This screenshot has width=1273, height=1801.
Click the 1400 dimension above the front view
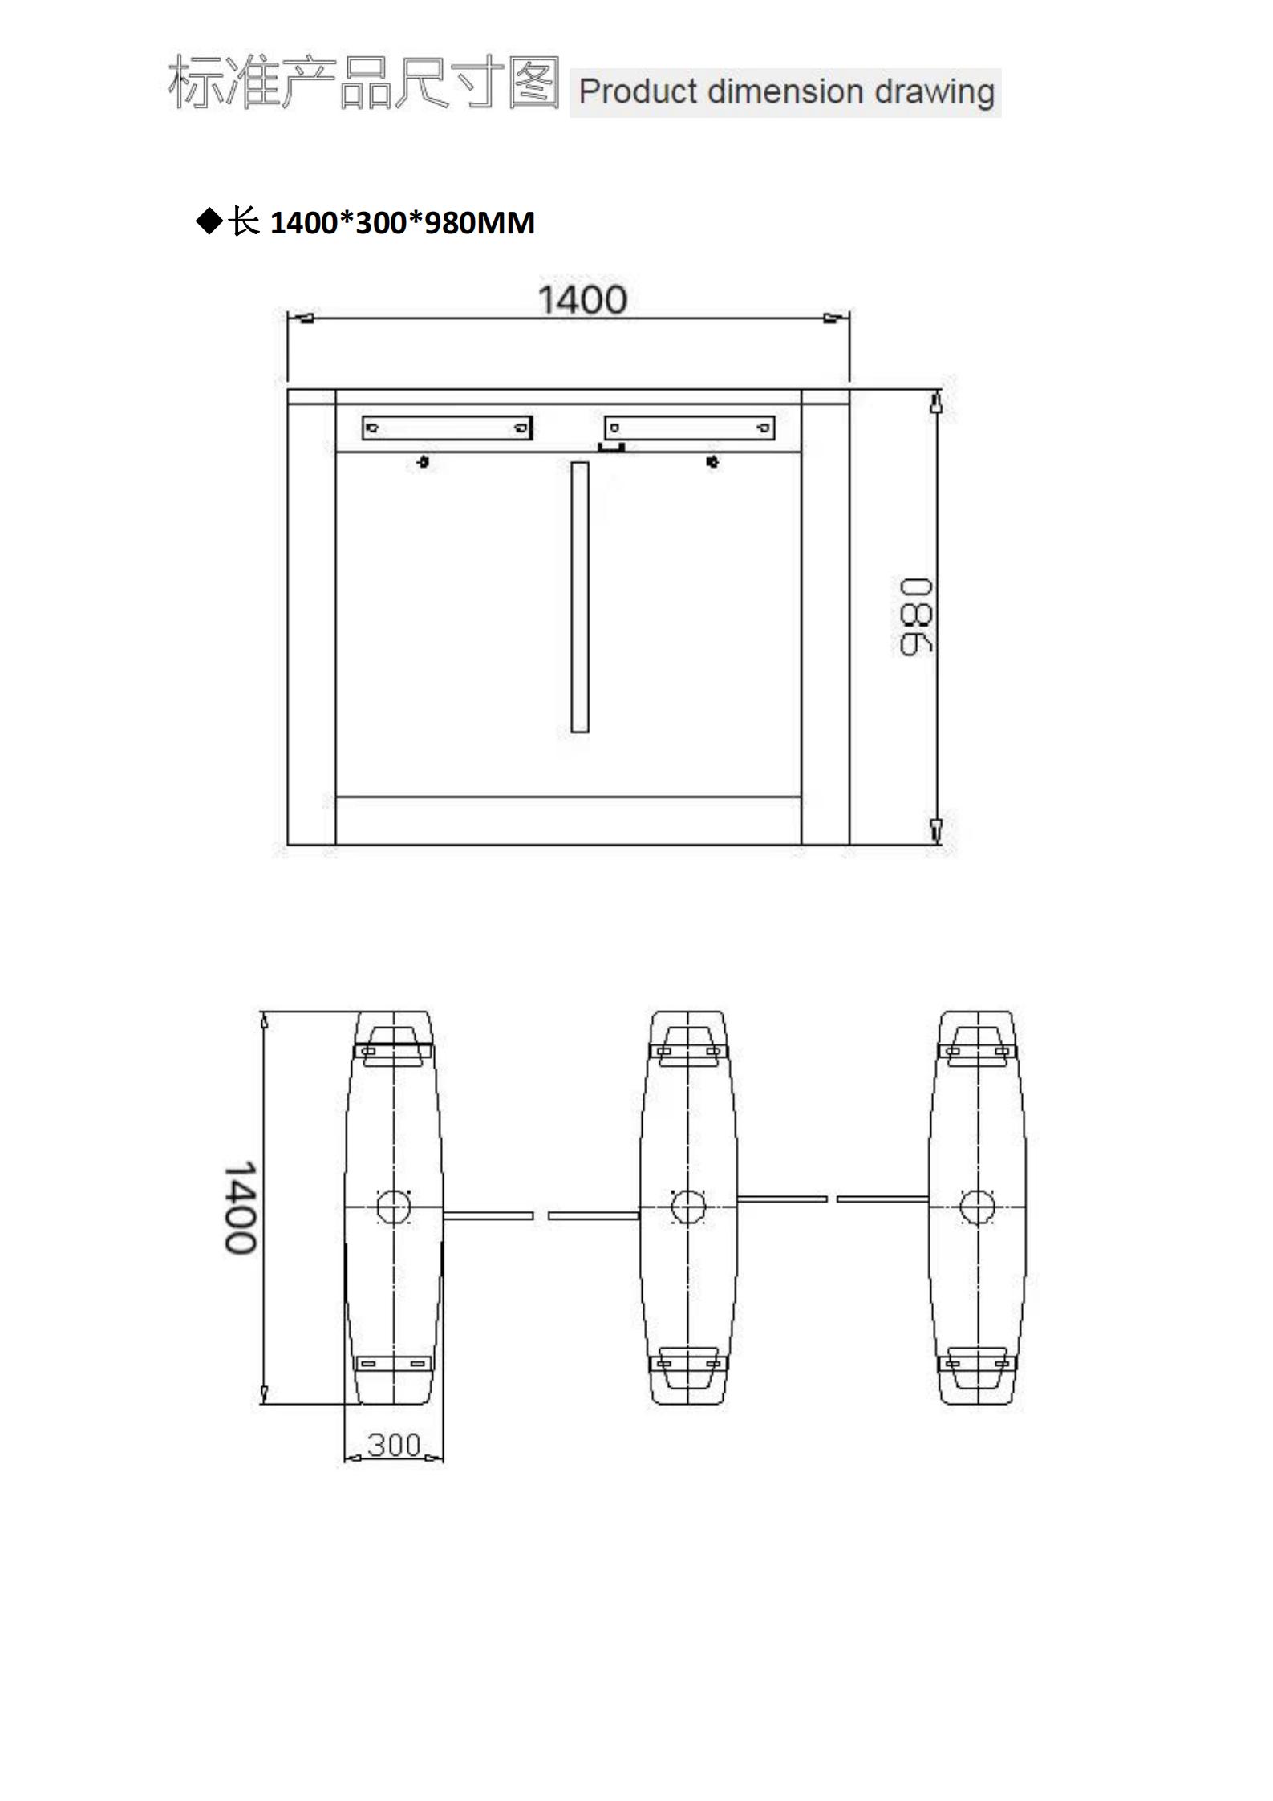(582, 300)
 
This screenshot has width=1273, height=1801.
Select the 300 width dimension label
(394, 1445)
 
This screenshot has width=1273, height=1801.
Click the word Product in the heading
(638, 92)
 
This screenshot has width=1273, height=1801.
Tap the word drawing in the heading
(934, 93)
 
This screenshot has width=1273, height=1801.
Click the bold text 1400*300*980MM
(403, 222)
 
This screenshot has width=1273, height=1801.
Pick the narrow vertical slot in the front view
(579, 597)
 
